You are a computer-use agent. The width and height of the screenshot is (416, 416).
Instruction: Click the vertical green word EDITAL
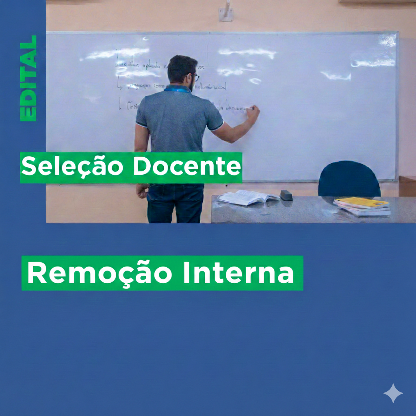[28, 78]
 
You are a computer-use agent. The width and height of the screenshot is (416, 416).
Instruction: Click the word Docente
[186, 167]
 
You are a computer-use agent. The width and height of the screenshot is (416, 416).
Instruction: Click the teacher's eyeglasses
[195, 77]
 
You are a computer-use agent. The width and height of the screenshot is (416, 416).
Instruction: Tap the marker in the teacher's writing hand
[253, 108]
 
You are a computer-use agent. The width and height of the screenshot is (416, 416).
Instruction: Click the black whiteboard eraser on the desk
[286, 195]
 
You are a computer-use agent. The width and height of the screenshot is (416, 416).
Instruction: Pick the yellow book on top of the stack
[361, 202]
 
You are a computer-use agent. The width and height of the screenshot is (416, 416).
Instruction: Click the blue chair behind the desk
[349, 179]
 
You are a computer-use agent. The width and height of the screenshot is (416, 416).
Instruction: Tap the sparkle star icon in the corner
[393, 393]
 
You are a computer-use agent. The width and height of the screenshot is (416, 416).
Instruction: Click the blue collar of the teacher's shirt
[177, 88]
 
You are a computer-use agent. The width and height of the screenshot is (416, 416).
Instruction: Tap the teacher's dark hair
[181, 66]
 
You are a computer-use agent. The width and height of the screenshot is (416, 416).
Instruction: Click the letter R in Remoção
[36, 273]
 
